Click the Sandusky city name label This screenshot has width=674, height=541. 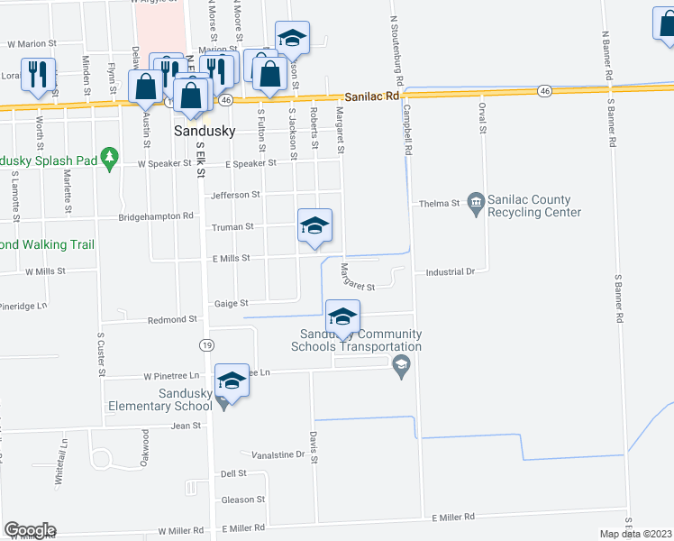204,131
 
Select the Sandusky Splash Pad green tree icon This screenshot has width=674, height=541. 110,157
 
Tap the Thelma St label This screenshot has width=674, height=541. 440,204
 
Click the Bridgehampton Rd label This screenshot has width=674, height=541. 157,217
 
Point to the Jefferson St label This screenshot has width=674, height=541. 235,195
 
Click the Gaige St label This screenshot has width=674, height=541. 231,304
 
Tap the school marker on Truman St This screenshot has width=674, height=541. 315,226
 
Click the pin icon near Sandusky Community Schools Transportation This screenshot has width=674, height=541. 402,363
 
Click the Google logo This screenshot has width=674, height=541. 30,530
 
